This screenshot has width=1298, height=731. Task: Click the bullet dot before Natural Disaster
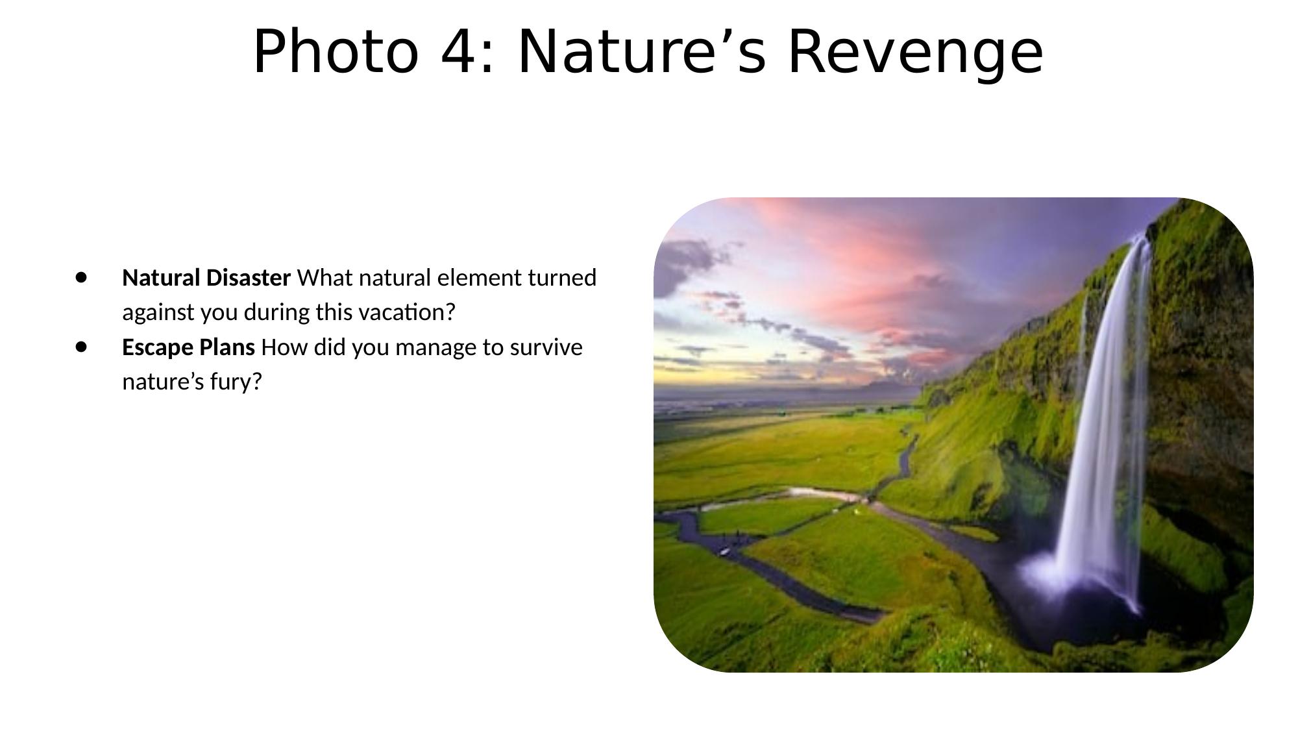(x=80, y=277)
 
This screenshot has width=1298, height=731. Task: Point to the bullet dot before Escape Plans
(x=80, y=347)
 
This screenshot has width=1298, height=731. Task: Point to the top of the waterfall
(x=1140, y=239)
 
